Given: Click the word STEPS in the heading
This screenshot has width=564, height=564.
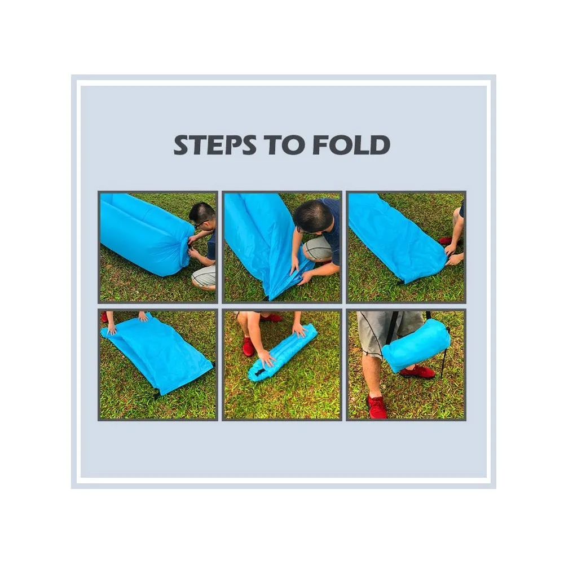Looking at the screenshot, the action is click(215, 145).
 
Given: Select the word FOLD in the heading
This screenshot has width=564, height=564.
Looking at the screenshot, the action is click(351, 145).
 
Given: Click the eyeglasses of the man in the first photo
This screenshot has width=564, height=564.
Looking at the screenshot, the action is click(201, 223).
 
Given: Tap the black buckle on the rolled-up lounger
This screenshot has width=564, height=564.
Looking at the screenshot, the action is click(259, 372).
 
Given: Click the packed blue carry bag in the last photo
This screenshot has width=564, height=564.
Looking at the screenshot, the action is click(416, 345).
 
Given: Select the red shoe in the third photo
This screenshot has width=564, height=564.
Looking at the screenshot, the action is click(446, 240).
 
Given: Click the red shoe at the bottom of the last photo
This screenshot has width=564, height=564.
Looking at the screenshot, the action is click(377, 407).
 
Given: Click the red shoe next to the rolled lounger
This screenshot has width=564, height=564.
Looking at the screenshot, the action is click(248, 346).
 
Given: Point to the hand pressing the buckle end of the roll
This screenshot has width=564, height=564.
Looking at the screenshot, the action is click(267, 358).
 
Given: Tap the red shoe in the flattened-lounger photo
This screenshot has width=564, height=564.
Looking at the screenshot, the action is click(104, 317).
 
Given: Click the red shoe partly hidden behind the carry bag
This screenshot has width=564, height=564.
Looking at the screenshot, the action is click(417, 372).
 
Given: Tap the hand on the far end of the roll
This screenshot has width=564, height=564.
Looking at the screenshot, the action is click(300, 329).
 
